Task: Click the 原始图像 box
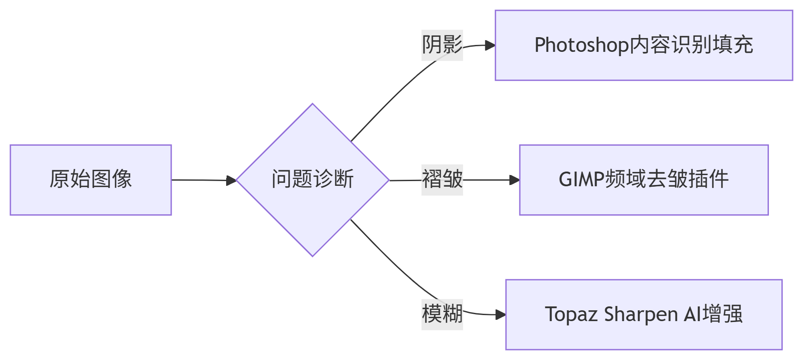click(91, 180)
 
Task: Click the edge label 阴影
click(442, 45)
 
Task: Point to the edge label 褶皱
click(442, 180)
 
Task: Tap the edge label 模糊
click(442, 314)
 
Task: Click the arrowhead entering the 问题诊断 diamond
click(232, 180)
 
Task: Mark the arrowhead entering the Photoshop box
click(490, 45)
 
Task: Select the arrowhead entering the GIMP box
click(515, 180)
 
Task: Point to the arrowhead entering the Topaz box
click(501, 315)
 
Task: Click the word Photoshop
click(582, 45)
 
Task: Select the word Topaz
click(572, 314)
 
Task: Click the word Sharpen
click(641, 314)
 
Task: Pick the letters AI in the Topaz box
click(693, 314)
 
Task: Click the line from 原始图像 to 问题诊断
click(199, 180)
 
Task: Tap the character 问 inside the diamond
click(282, 179)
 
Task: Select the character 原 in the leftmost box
click(60, 179)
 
